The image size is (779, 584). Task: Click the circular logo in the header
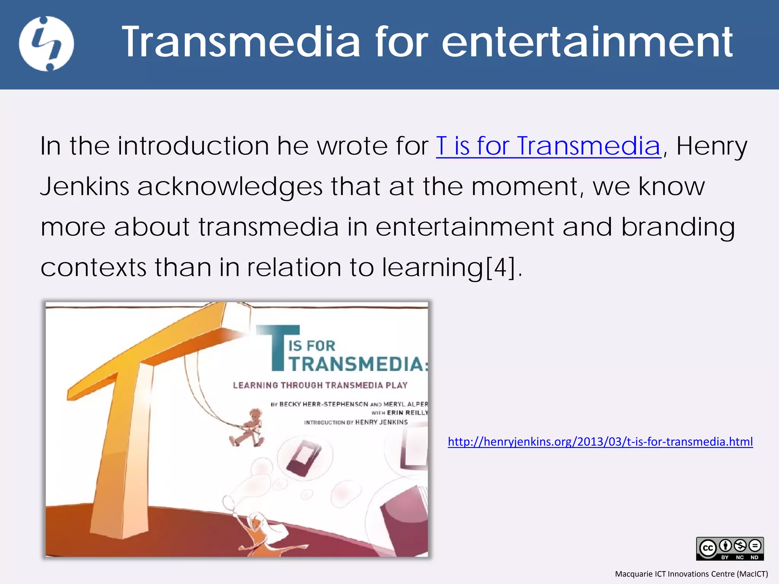(46, 43)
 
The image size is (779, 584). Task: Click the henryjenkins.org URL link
(600, 441)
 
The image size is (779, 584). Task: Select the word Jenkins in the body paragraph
(84, 187)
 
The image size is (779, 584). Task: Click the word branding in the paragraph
(678, 227)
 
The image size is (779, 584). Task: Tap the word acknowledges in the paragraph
(230, 187)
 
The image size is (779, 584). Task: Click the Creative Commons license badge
(730, 549)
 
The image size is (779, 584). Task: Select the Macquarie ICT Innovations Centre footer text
(691, 574)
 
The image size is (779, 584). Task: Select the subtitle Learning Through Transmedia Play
(320, 385)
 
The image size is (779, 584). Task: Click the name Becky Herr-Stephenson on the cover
(324, 404)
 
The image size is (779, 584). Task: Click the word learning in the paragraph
(432, 267)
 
